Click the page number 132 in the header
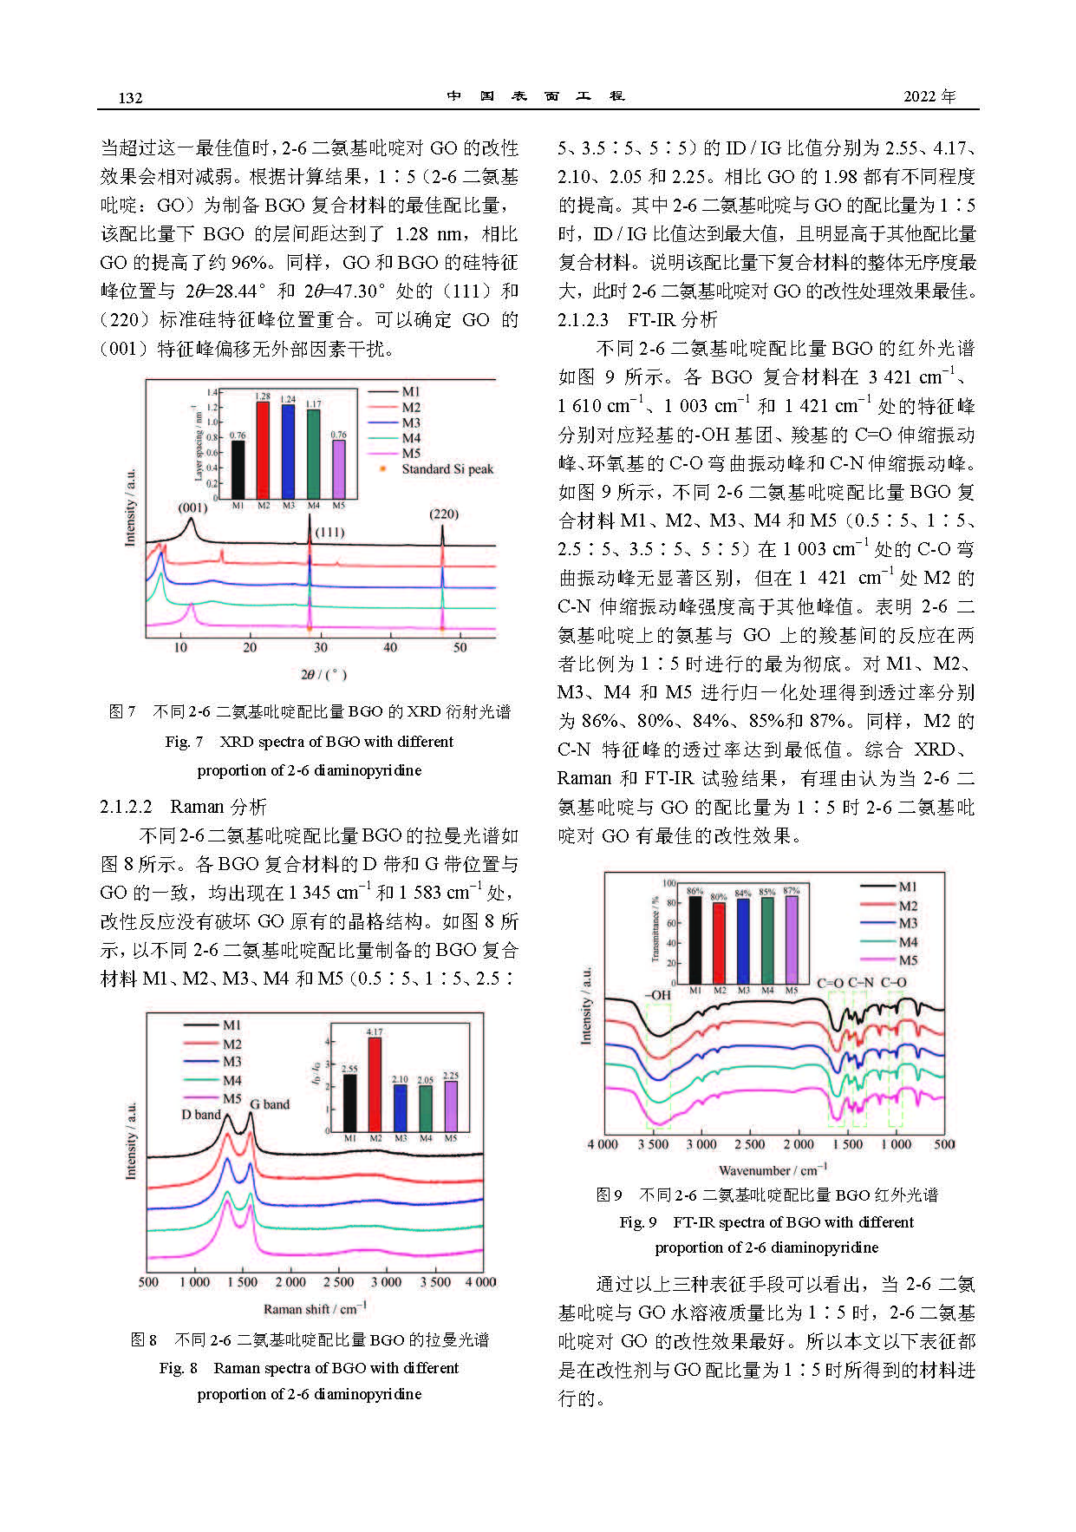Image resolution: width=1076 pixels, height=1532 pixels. [x=130, y=97]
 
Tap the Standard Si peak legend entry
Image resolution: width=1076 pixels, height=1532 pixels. [x=447, y=469]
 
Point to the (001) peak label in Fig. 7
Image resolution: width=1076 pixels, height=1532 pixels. [x=192, y=507]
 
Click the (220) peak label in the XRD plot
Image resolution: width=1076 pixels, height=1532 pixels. [x=444, y=514]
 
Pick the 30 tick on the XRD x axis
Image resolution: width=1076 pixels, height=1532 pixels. [x=321, y=647]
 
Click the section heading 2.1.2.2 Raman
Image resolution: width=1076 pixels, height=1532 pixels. [x=183, y=807]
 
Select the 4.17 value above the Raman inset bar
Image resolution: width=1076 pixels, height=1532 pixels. [x=375, y=1032]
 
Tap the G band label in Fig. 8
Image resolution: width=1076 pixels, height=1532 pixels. [x=270, y=1104]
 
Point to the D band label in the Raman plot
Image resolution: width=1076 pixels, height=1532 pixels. [x=200, y=1115]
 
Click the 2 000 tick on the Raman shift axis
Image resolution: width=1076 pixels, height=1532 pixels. [x=290, y=1282]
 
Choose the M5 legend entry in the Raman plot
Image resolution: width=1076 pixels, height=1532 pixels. [x=232, y=1098]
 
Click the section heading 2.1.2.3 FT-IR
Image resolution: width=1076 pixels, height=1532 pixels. [x=637, y=319]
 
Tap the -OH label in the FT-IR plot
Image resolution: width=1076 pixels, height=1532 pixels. [x=658, y=995]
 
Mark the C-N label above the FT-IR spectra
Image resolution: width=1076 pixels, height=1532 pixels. [x=860, y=983]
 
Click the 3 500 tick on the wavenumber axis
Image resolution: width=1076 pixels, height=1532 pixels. [x=653, y=1144]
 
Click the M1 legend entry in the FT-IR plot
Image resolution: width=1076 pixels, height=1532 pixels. [x=907, y=887]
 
